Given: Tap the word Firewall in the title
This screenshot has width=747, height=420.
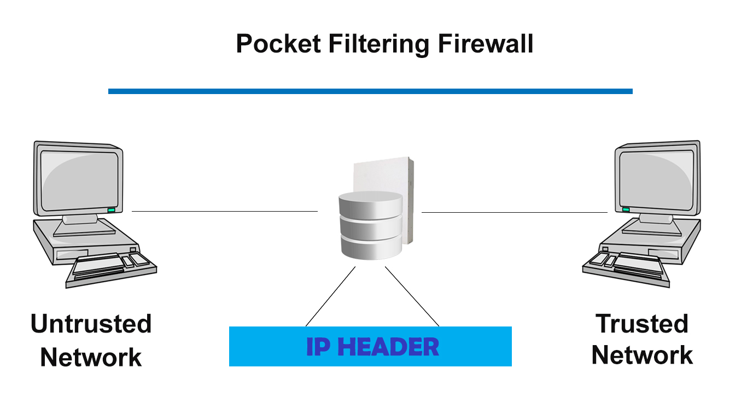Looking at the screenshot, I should click(486, 44).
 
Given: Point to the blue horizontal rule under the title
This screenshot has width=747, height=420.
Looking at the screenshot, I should click(370, 91).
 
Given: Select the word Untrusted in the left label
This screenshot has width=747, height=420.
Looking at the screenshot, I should click(91, 324).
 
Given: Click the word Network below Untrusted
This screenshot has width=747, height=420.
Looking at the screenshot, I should click(91, 358).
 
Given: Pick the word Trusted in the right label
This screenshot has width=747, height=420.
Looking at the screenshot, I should click(642, 324).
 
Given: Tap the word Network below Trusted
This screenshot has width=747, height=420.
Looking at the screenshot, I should click(642, 355).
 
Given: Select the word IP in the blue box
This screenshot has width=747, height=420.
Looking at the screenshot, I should click(318, 347).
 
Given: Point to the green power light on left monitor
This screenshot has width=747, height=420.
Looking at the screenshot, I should click(111, 210).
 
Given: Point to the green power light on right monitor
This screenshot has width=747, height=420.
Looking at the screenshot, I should click(626, 209).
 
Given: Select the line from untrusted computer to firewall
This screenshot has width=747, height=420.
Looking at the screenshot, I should click(224, 211).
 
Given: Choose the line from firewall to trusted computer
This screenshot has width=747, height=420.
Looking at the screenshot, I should click(514, 212).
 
